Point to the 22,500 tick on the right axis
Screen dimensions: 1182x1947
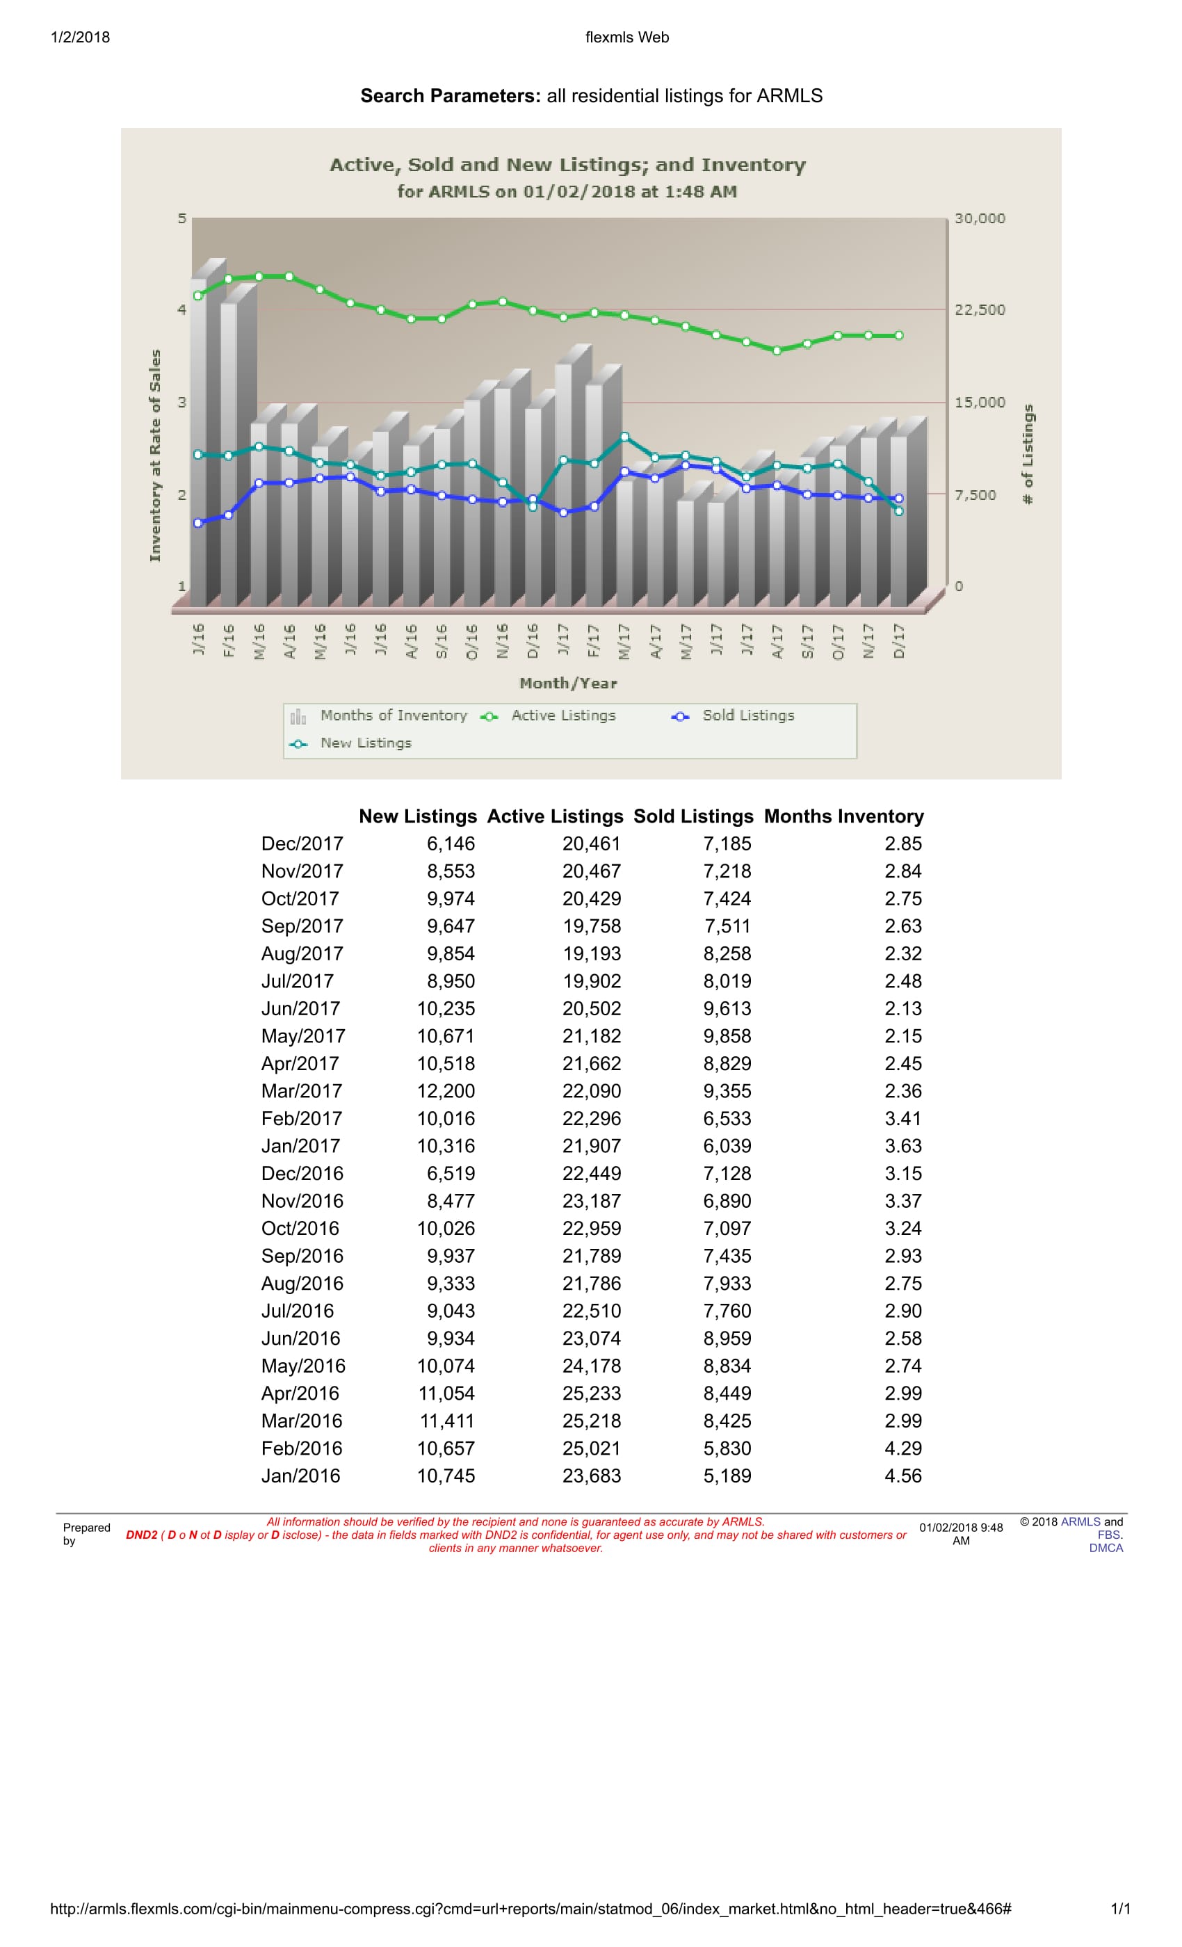point(980,309)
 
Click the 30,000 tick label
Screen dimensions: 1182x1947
point(980,218)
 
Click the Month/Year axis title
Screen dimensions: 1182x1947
point(568,684)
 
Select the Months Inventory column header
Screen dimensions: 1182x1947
point(844,816)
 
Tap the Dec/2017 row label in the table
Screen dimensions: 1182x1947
point(302,844)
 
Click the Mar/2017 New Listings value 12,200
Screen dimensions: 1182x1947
point(446,1091)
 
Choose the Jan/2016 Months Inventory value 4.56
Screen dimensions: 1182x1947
point(903,1476)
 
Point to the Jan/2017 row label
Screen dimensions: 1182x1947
point(301,1146)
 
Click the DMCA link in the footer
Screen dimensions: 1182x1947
point(1106,1548)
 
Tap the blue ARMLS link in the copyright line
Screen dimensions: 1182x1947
point(1080,1522)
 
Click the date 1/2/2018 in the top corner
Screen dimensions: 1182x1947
point(80,37)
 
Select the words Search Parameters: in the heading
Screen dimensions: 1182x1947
point(451,96)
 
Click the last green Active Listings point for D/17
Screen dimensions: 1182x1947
point(898,336)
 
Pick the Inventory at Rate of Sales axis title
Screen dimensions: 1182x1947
point(155,456)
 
